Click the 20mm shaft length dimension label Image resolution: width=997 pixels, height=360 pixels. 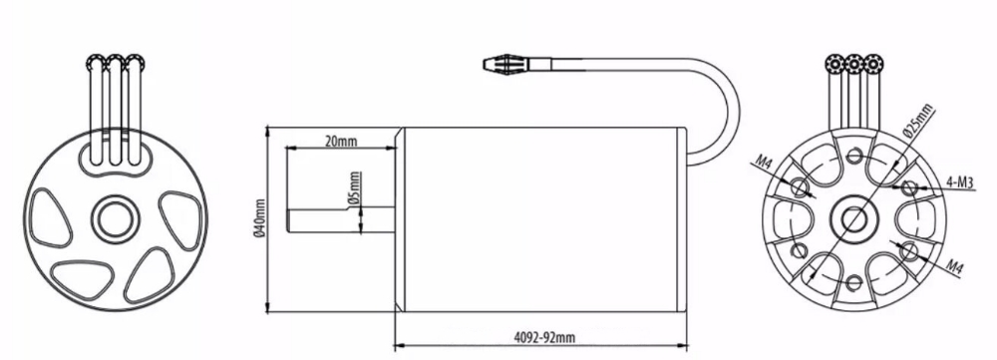341,142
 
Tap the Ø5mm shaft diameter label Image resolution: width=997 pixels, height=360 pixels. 356,189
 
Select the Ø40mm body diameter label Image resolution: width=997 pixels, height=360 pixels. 260,217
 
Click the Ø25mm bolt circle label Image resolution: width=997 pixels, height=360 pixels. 917,122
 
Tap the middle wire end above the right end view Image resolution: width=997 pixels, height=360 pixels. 854,64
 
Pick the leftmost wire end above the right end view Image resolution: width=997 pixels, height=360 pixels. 834,64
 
